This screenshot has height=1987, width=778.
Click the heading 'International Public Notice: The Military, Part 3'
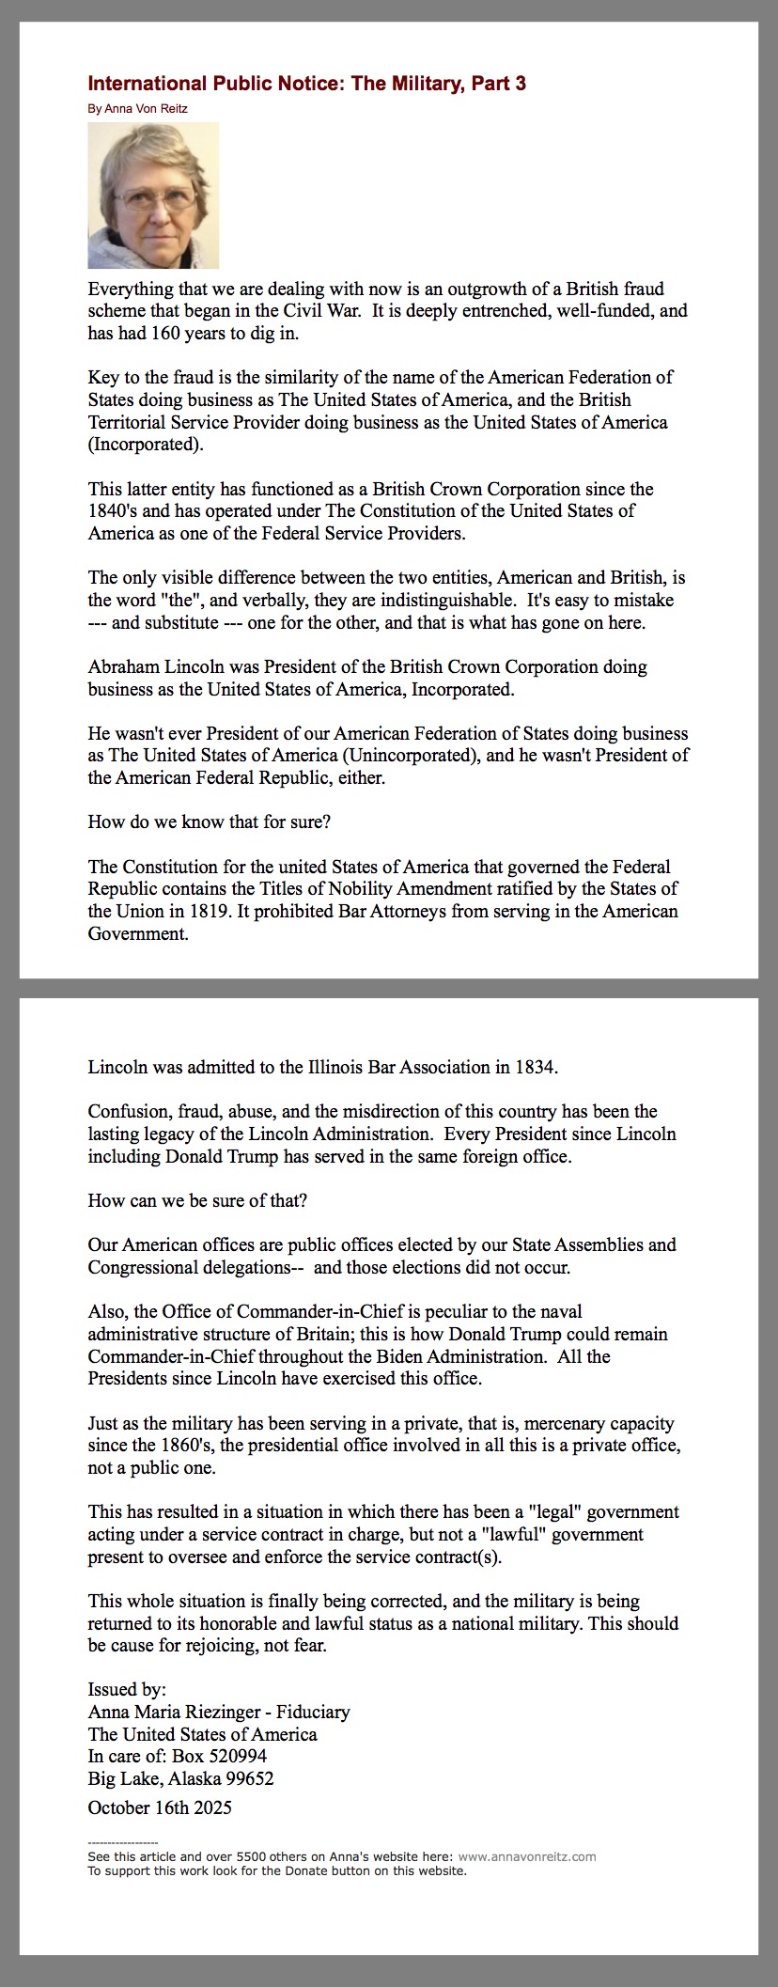point(306,84)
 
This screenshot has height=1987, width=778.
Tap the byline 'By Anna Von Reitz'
point(137,109)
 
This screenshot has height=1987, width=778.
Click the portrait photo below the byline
point(153,196)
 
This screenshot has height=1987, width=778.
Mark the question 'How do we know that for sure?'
point(209,822)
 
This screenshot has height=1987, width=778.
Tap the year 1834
point(535,1068)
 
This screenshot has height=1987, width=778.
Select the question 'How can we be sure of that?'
point(197,1201)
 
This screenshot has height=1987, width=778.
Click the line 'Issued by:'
point(127,1690)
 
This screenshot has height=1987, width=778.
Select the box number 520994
point(235,1757)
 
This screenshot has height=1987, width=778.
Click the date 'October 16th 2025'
point(160,1808)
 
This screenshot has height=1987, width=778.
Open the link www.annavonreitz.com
point(527,1857)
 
